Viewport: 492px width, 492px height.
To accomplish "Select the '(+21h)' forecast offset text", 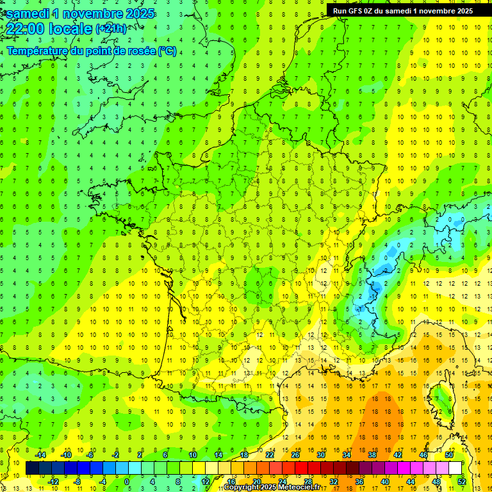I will coord(111,28).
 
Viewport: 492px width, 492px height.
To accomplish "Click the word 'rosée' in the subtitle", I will coord(135,51).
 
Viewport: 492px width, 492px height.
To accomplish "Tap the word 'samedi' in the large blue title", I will coord(28,13).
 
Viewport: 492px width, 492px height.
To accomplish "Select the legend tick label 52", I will coord(461,482).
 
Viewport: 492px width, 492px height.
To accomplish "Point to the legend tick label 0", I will coord(127,482).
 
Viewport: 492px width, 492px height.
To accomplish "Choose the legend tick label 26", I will coord(295,454).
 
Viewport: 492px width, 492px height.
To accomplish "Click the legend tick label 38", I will coord(372,454).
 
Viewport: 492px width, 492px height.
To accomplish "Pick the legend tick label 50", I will coord(449,454).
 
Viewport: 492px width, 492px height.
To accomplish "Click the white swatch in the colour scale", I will coord(455,468).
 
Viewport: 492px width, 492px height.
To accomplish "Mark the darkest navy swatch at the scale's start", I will coord(32,468).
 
